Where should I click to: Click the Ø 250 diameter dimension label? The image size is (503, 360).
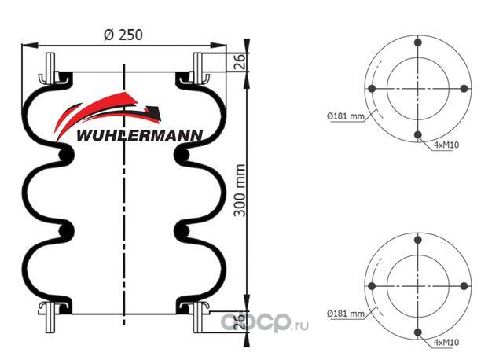[123, 35]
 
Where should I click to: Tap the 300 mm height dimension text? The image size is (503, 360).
[240, 190]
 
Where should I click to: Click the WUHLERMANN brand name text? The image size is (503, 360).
[140, 135]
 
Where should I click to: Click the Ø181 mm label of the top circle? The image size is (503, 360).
[346, 116]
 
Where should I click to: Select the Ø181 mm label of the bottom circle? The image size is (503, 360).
[346, 314]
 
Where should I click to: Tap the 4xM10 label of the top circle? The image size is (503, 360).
[446, 145]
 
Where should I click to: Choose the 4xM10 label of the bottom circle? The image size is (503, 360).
[446, 343]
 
